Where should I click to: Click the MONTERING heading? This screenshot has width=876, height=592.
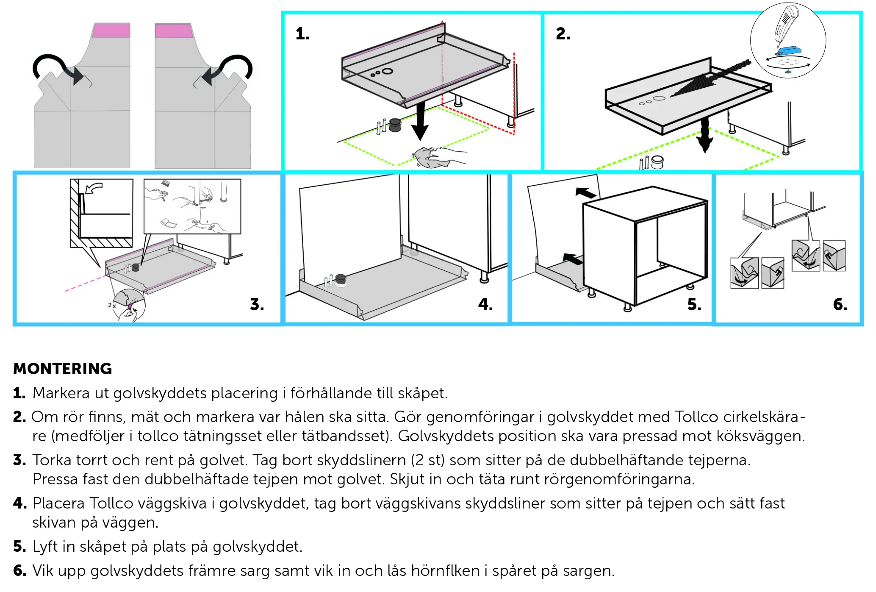coord(63,369)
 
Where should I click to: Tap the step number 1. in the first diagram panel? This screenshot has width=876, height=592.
coord(302,34)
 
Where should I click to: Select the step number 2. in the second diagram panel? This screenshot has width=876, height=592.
coord(563,34)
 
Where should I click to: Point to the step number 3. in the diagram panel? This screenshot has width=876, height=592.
coord(257,304)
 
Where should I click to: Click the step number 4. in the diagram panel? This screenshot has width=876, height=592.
coord(485,304)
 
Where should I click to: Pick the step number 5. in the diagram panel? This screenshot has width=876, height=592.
coord(694,304)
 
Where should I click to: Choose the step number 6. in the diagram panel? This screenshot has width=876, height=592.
coord(840,304)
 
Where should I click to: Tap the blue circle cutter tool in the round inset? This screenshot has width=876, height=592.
coord(788,51)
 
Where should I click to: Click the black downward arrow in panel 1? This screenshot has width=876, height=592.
coord(420,123)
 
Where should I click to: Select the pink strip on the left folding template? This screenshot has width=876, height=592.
coord(111,31)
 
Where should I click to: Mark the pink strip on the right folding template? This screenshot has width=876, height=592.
coord(174,31)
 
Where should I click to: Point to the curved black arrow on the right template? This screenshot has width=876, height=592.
coord(229,68)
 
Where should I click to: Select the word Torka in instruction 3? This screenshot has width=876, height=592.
coord(53,460)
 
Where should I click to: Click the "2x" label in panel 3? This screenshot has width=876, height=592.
coord(112,305)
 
